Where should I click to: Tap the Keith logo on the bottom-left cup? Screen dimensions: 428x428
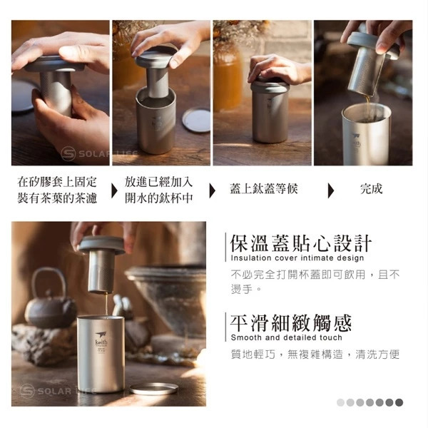tap(101, 339)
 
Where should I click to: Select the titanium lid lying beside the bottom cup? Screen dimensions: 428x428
tap(153, 389)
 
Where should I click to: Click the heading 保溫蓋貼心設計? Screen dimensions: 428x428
tap(301, 243)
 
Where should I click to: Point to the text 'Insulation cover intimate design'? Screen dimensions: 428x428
tap(297, 258)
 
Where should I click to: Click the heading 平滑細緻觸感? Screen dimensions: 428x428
tap(291, 323)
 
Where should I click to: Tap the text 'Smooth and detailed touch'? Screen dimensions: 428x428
tap(286, 337)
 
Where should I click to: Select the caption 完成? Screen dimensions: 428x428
tap(371, 189)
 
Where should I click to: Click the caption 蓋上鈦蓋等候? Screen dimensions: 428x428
tap(264, 189)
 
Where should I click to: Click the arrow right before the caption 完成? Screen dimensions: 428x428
tap(331, 190)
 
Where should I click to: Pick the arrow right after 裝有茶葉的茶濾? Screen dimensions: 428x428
tap(114, 190)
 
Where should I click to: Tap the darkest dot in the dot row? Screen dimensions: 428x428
tap(399, 402)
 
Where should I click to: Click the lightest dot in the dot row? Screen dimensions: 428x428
tap(340, 402)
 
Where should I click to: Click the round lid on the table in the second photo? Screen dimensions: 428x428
tap(197, 120)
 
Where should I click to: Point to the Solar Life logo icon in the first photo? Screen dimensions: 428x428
tap(68, 153)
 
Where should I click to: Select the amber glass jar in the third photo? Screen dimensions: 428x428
tap(228, 79)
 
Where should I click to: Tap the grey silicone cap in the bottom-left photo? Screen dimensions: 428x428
tap(101, 245)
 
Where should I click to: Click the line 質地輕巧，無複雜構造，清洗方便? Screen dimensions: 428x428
tap(315, 355)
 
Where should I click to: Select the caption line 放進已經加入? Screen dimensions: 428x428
tap(158, 182)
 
